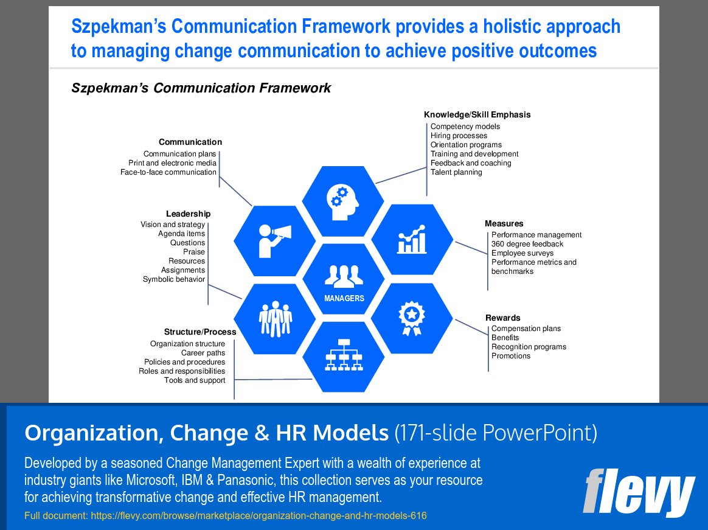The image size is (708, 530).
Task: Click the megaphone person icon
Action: pyautogui.click(x=274, y=241)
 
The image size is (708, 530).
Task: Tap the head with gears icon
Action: pyautogui.click(x=342, y=203)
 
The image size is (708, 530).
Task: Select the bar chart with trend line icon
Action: pyautogui.click(x=412, y=240)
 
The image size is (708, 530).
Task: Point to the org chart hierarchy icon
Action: pyautogui.click(x=344, y=355)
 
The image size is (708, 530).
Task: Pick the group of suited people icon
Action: pyautogui.click(x=276, y=319)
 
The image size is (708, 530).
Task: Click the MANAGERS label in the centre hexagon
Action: pyautogui.click(x=344, y=298)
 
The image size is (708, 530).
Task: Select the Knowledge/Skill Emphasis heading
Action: pyautogui.click(x=477, y=115)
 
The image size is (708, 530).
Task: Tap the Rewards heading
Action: pyautogui.click(x=502, y=318)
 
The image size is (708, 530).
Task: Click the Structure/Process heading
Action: pyautogui.click(x=200, y=332)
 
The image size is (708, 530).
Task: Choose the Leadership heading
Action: pyautogui.click(x=189, y=214)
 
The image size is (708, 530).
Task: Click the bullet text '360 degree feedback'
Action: pyautogui.click(x=527, y=244)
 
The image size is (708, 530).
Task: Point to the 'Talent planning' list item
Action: pyautogui.click(x=456, y=172)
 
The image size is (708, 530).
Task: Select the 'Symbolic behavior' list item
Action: pyautogui.click(x=174, y=279)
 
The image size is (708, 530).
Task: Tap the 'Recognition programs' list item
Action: pyautogui.click(x=529, y=347)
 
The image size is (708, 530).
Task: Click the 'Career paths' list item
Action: pyautogui.click(x=203, y=353)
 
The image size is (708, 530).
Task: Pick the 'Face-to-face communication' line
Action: pyautogui.click(x=168, y=172)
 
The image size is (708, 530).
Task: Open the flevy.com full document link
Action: pyautogui.click(x=259, y=515)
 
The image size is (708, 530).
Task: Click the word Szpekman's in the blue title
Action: pyautogui.click(x=119, y=26)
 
